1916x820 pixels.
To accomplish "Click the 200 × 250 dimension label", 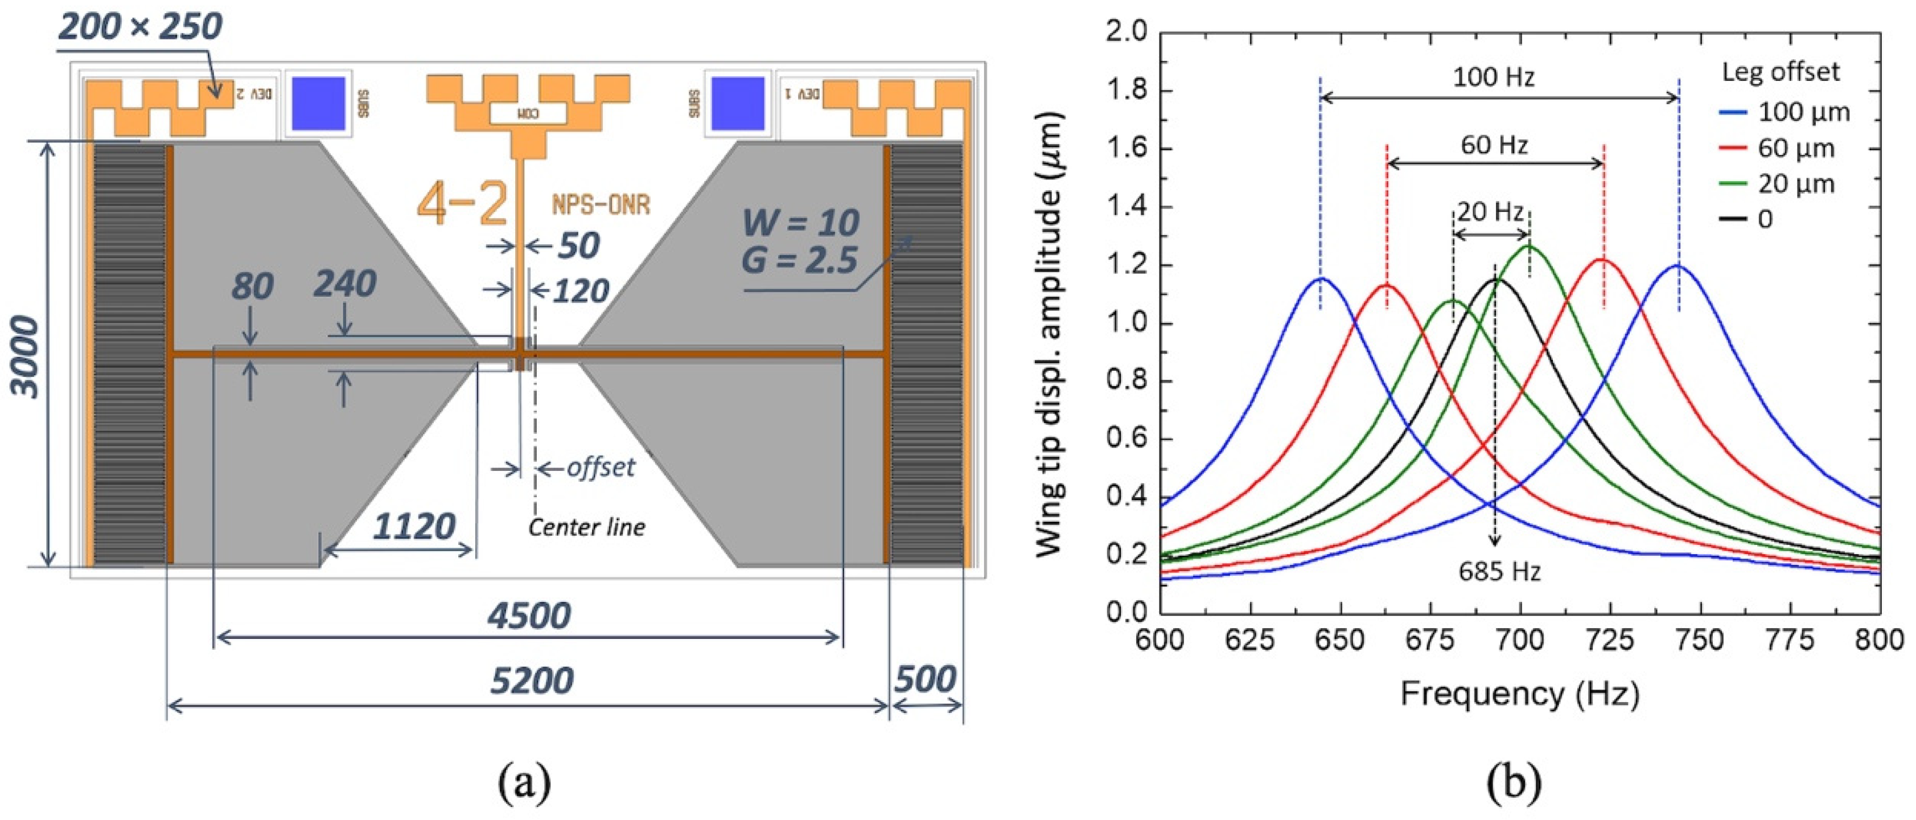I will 141,27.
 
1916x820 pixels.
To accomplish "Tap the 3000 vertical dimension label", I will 27,356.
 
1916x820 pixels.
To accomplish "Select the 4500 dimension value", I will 529,616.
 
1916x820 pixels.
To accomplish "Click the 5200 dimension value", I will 532,681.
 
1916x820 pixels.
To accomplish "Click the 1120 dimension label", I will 414,527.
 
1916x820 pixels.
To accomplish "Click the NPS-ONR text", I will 601,204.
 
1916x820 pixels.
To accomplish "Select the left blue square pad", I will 318,104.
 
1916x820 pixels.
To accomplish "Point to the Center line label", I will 587,527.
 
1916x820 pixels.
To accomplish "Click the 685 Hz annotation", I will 1499,572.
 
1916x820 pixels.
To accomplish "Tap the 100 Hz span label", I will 1494,77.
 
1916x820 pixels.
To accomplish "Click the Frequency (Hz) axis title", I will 1520,694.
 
